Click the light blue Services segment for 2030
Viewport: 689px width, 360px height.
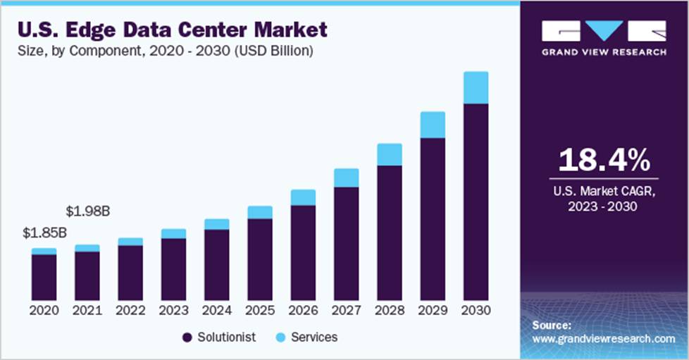coord(476,87)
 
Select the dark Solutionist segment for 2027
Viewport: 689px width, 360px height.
coord(346,243)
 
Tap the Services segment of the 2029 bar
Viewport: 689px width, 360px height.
coord(433,125)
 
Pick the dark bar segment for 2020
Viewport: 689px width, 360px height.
coord(44,277)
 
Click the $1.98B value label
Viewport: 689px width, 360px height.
coord(87,211)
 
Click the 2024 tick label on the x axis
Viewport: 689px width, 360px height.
coord(216,310)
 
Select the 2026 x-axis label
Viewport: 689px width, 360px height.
coord(303,310)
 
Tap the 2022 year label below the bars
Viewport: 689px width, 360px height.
coord(130,310)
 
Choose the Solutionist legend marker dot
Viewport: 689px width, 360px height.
coord(187,337)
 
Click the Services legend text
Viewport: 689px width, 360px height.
coord(314,337)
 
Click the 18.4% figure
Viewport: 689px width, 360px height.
coord(603,161)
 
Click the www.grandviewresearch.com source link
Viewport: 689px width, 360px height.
coord(603,339)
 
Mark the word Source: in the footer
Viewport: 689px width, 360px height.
coord(552,325)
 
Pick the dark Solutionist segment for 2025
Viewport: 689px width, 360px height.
coord(259,259)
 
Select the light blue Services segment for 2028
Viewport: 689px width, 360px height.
coord(389,154)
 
